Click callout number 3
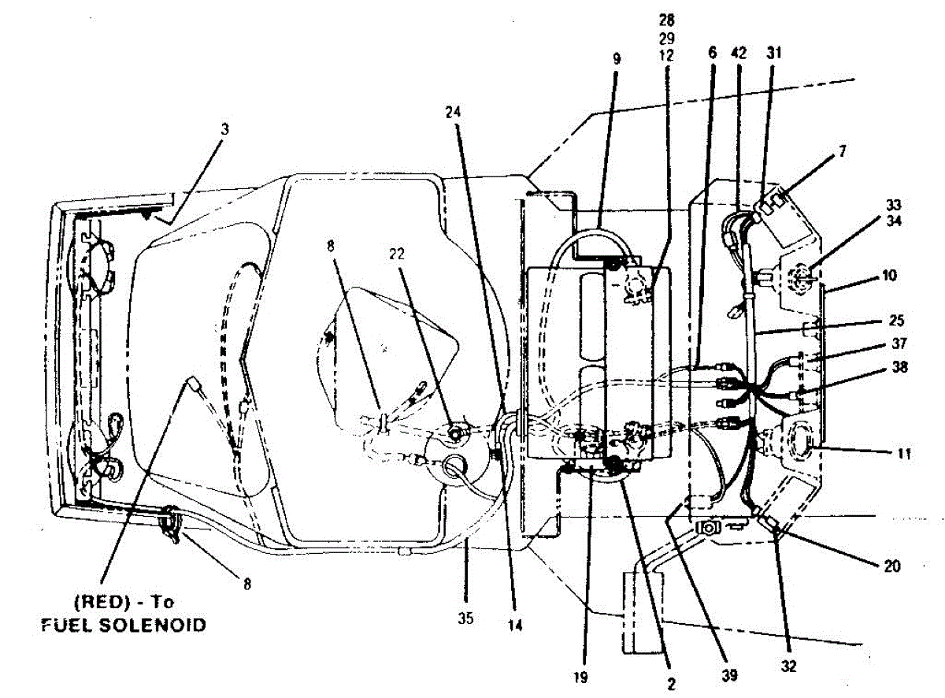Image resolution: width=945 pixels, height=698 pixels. coord(224,128)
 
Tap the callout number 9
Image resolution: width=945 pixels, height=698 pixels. coord(617,58)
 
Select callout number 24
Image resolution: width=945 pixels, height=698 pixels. coord(453,112)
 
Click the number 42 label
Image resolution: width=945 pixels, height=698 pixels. coord(738,52)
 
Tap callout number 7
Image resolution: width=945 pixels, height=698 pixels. coord(843,150)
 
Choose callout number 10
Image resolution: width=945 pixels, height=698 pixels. coord(890,276)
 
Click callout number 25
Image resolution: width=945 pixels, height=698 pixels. coord(895,321)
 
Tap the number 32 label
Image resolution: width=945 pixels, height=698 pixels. coord(789,666)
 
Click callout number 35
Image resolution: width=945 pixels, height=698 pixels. coord(465,618)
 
